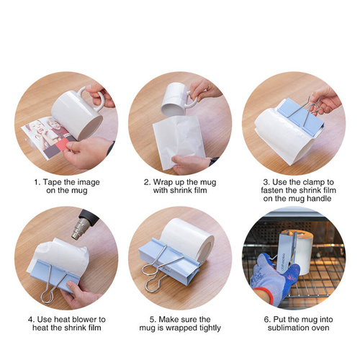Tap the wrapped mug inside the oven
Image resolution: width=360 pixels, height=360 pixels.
tap(297, 248)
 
